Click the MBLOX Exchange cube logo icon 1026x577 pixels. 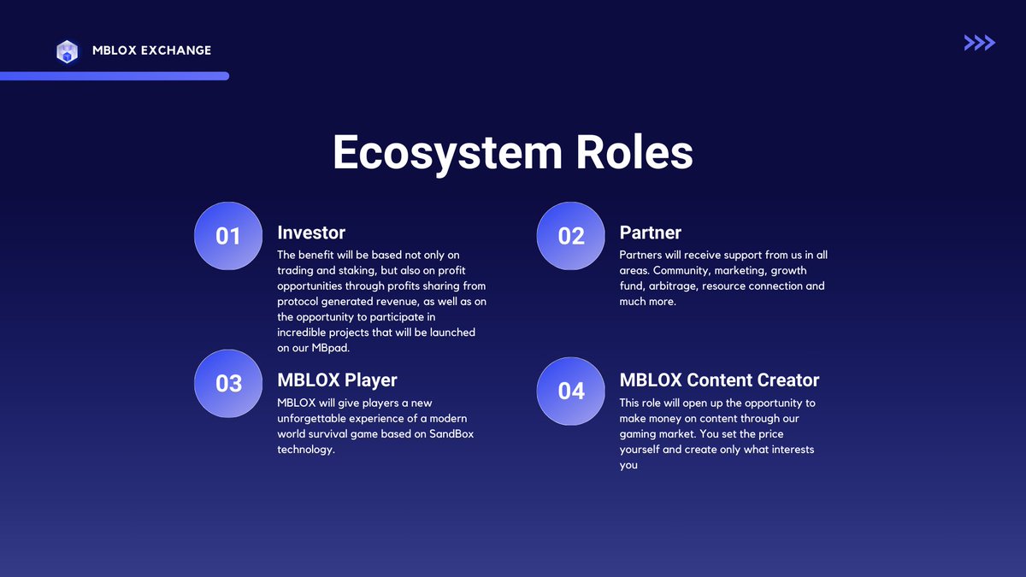click(67, 51)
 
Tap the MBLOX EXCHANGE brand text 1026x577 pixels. click(151, 50)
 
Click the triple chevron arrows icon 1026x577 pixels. click(979, 43)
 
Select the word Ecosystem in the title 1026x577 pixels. click(446, 153)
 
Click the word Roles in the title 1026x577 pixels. click(634, 153)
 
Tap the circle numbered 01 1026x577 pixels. click(228, 236)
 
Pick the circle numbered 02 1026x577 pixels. click(570, 236)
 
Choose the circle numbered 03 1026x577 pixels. click(228, 384)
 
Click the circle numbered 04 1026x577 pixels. click(570, 391)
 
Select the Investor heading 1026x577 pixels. click(311, 233)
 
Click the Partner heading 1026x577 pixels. click(650, 233)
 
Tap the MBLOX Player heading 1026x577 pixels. click(337, 380)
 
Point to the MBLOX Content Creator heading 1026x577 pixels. click(719, 380)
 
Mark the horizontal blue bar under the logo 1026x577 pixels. click(115, 76)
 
